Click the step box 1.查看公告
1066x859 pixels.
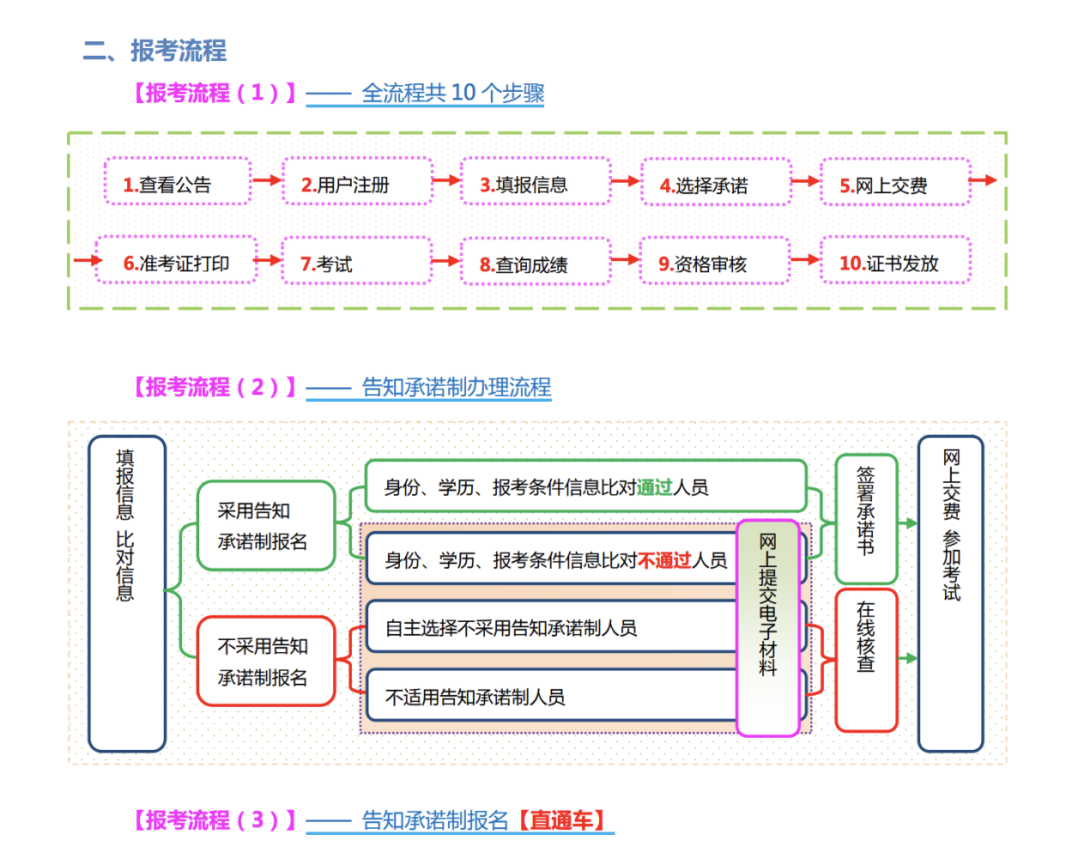click(x=178, y=181)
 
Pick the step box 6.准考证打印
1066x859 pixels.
click(x=177, y=260)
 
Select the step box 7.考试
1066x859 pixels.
click(x=356, y=261)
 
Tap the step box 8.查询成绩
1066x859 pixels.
click(x=536, y=262)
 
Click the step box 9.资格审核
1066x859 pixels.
click(x=714, y=261)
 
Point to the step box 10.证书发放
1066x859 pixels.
click(x=895, y=261)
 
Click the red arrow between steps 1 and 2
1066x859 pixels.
click(x=267, y=180)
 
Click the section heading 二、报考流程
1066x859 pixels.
click(x=155, y=51)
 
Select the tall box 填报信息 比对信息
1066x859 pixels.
click(x=127, y=594)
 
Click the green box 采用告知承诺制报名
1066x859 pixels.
click(x=265, y=526)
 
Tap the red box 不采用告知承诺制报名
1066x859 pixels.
click(x=265, y=661)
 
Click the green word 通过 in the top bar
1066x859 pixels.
click(x=655, y=488)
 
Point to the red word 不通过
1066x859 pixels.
click(x=664, y=561)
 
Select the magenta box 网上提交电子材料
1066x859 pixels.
click(x=768, y=628)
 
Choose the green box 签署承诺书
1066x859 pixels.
click(x=866, y=519)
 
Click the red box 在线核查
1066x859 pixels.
click(x=866, y=659)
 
